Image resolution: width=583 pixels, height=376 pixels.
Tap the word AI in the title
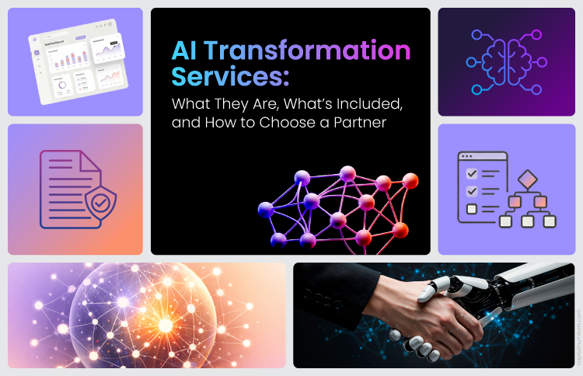coord(186,52)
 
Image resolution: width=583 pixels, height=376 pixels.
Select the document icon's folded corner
coord(91,160)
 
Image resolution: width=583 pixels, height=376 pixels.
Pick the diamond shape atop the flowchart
coord(529,180)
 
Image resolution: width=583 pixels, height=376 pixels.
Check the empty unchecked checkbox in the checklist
coord(471,208)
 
